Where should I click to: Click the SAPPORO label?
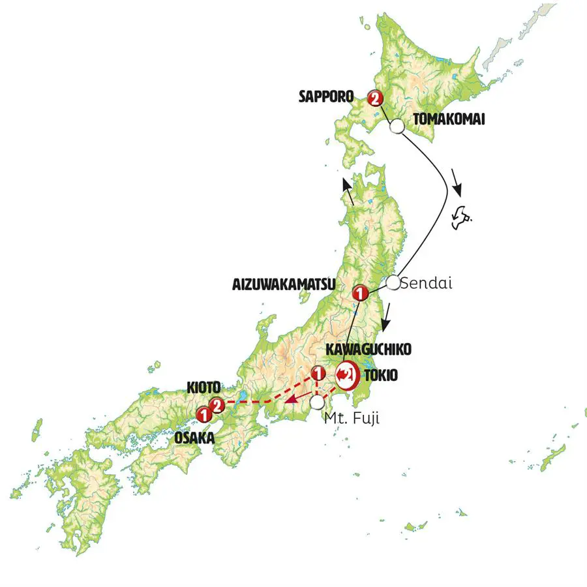(325, 97)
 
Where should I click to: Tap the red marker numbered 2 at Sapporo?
(374, 98)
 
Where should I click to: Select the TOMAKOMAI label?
(447, 119)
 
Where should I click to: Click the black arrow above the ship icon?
(457, 185)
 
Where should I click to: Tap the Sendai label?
(426, 284)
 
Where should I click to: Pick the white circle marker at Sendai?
(393, 282)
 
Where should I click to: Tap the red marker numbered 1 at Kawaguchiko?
(318, 374)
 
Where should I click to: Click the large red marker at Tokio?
(346, 374)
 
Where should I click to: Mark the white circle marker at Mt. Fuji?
(317, 402)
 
